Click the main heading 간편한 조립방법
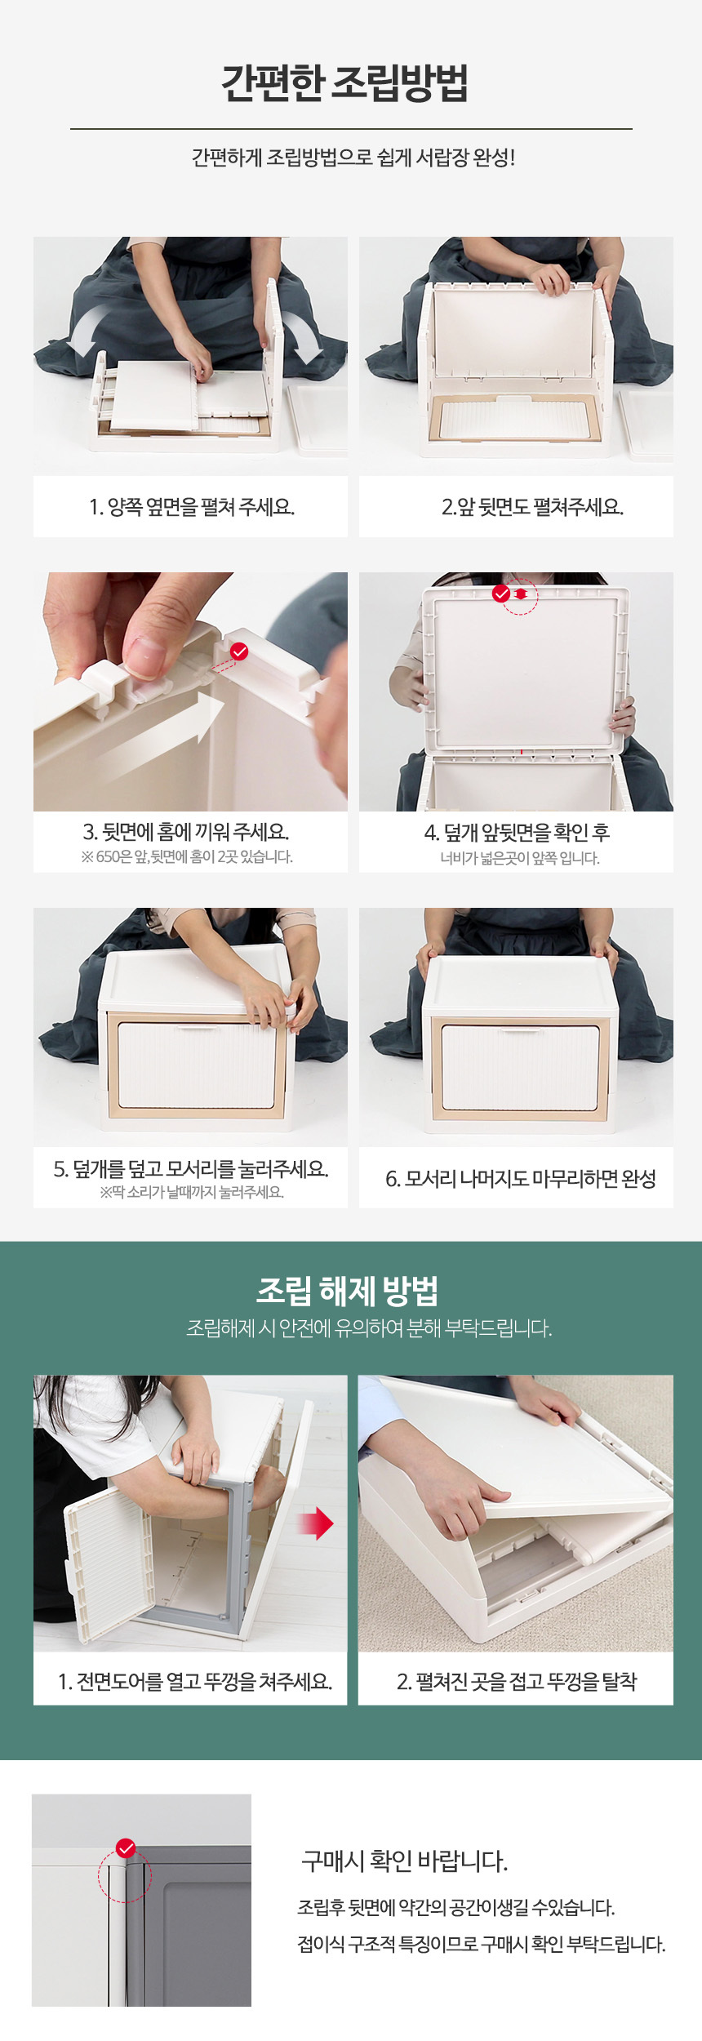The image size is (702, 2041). tap(345, 83)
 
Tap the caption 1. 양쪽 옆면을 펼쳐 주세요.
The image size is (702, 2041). tap(192, 507)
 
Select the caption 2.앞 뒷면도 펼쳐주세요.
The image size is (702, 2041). tap(532, 507)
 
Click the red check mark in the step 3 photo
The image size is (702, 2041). tap(239, 651)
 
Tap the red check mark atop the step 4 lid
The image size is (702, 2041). tap(501, 594)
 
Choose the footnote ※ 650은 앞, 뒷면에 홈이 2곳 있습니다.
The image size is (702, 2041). tap(187, 856)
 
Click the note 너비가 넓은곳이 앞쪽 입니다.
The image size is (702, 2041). tap(520, 858)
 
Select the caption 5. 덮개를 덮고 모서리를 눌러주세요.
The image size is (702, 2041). tap(191, 1169)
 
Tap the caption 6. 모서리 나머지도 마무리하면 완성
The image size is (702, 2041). tap(521, 1179)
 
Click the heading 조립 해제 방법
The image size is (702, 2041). tap(348, 1291)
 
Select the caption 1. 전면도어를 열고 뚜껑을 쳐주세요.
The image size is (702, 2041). tap(195, 1681)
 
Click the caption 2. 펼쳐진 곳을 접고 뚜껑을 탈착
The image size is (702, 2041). tap(517, 1681)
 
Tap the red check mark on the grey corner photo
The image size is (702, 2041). tap(126, 1848)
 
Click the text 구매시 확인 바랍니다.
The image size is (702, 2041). tap(405, 1861)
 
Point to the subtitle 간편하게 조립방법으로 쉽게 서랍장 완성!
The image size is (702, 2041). tap(353, 158)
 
